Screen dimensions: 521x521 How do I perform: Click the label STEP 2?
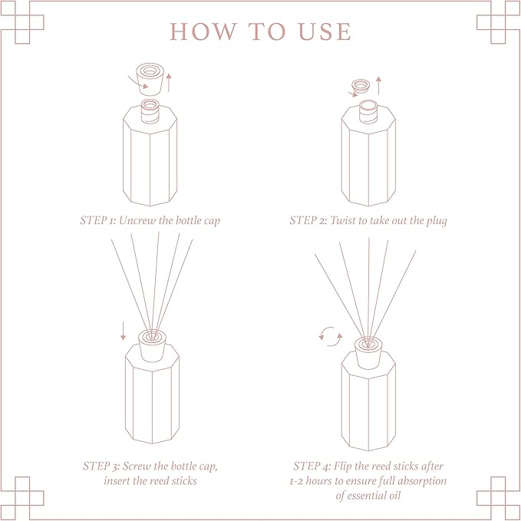pos(308,220)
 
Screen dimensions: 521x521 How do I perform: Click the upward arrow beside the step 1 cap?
pos(170,80)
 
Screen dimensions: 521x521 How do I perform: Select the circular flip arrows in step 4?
pos(331,337)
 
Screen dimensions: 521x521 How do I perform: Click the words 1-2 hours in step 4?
pos(316,480)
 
